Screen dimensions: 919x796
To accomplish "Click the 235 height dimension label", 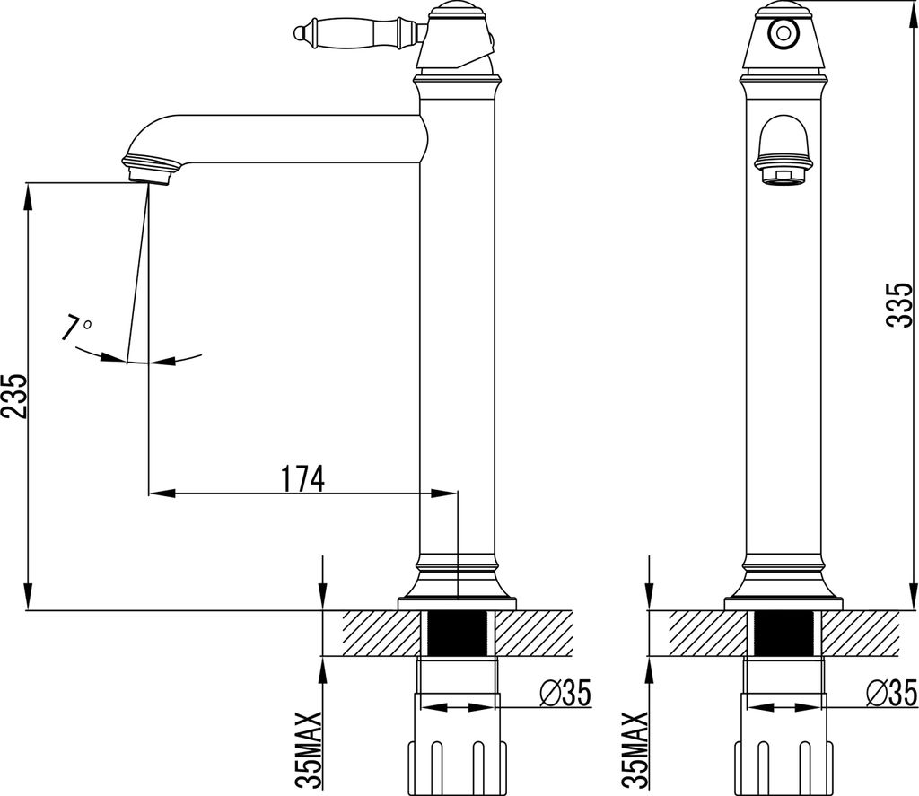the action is click(14, 396).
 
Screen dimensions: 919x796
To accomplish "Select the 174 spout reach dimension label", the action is click(302, 479).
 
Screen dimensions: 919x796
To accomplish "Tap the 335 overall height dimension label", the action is click(899, 304).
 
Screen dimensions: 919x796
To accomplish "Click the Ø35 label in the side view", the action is click(565, 693).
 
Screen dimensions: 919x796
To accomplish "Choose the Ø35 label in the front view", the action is click(891, 693).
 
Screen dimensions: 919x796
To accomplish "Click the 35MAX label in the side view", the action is click(309, 749).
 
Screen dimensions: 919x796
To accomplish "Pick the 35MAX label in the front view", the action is click(635, 749).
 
